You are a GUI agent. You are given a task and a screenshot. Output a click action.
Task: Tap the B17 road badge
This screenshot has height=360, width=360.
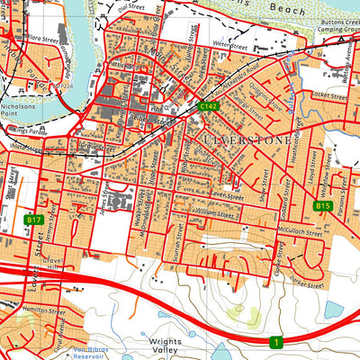pyautogui.click(x=34, y=220)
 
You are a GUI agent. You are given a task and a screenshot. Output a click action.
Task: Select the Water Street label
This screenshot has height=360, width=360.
pyautogui.click(x=229, y=41)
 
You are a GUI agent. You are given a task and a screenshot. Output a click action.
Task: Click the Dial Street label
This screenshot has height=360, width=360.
pyautogui.click(x=131, y=6)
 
